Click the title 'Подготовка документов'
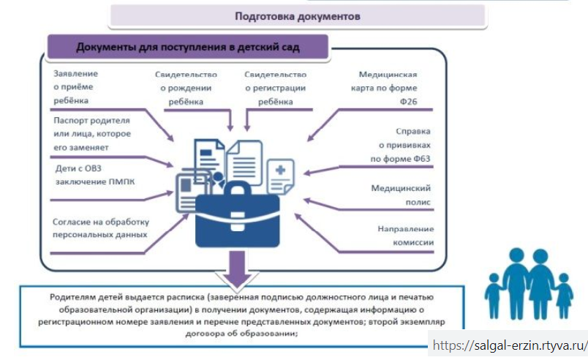tap(297, 15)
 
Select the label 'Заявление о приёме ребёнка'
tap(76, 86)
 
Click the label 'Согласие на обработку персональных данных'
tap(101, 228)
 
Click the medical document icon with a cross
tap(279, 175)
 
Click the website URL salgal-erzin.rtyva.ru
tap(510, 345)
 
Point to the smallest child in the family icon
tap(563, 297)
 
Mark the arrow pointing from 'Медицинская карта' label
tap(323, 125)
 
